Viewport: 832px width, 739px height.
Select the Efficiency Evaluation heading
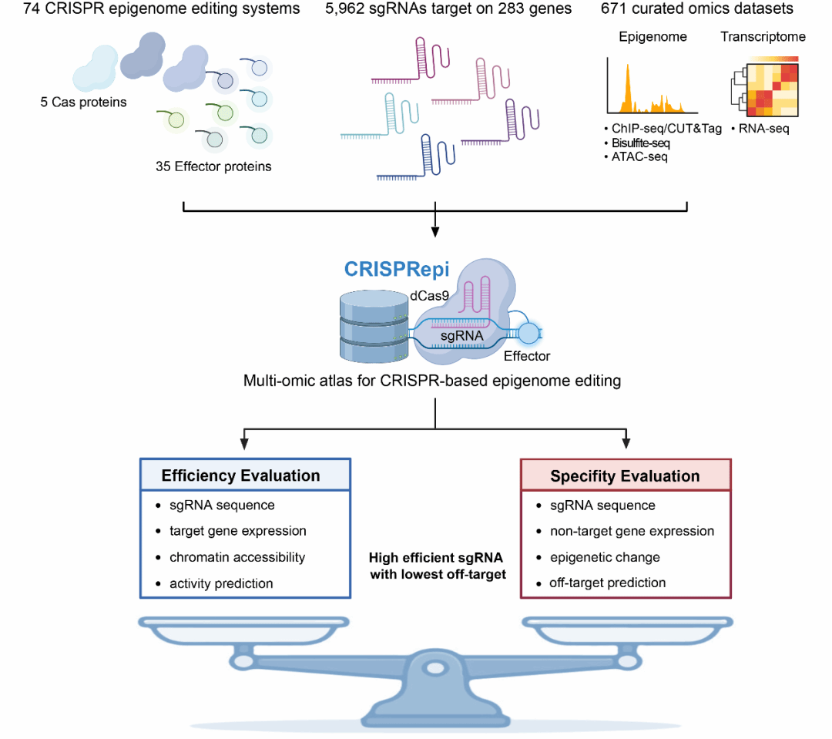(240, 475)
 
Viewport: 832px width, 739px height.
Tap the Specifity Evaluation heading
(625, 476)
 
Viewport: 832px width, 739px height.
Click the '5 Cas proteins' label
(83, 102)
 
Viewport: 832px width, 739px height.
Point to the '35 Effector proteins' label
(213, 166)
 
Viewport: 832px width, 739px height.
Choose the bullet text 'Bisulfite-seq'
(642, 143)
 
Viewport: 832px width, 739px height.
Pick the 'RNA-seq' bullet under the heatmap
(763, 129)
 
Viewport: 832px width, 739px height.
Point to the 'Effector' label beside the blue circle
(527, 356)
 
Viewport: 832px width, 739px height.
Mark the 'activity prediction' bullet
(221, 583)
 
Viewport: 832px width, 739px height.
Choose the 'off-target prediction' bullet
(607, 583)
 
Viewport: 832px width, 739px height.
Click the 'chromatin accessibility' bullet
(237, 557)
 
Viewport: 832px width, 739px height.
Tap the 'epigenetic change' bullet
(605, 557)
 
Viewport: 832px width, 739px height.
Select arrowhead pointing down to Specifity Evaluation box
(626, 444)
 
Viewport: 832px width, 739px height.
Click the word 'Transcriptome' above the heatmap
(763, 37)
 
